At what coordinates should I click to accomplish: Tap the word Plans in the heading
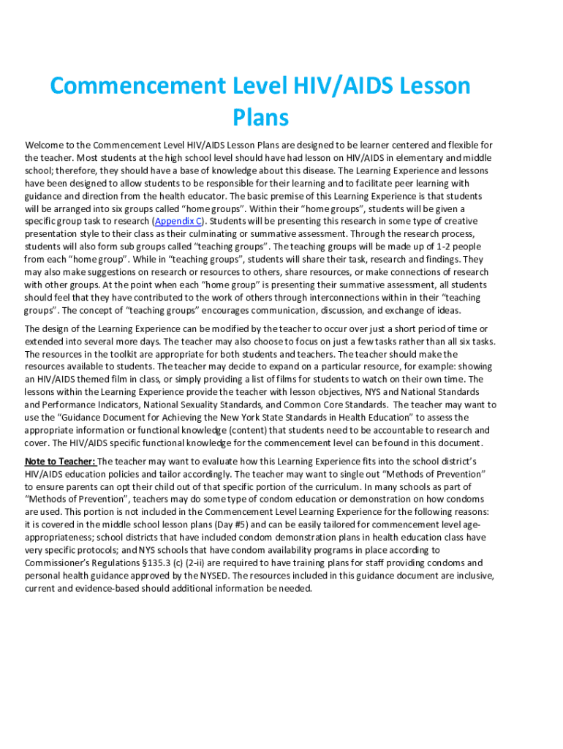point(260,117)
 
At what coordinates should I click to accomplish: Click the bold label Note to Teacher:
point(60,462)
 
